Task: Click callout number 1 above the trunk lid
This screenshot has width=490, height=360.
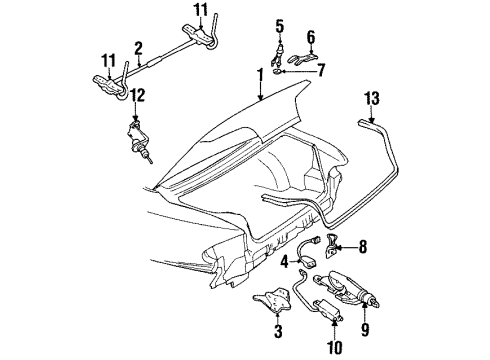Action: (260, 75)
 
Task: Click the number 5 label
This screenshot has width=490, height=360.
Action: (280, 25)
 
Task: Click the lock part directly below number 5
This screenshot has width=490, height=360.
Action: (281, 53)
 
